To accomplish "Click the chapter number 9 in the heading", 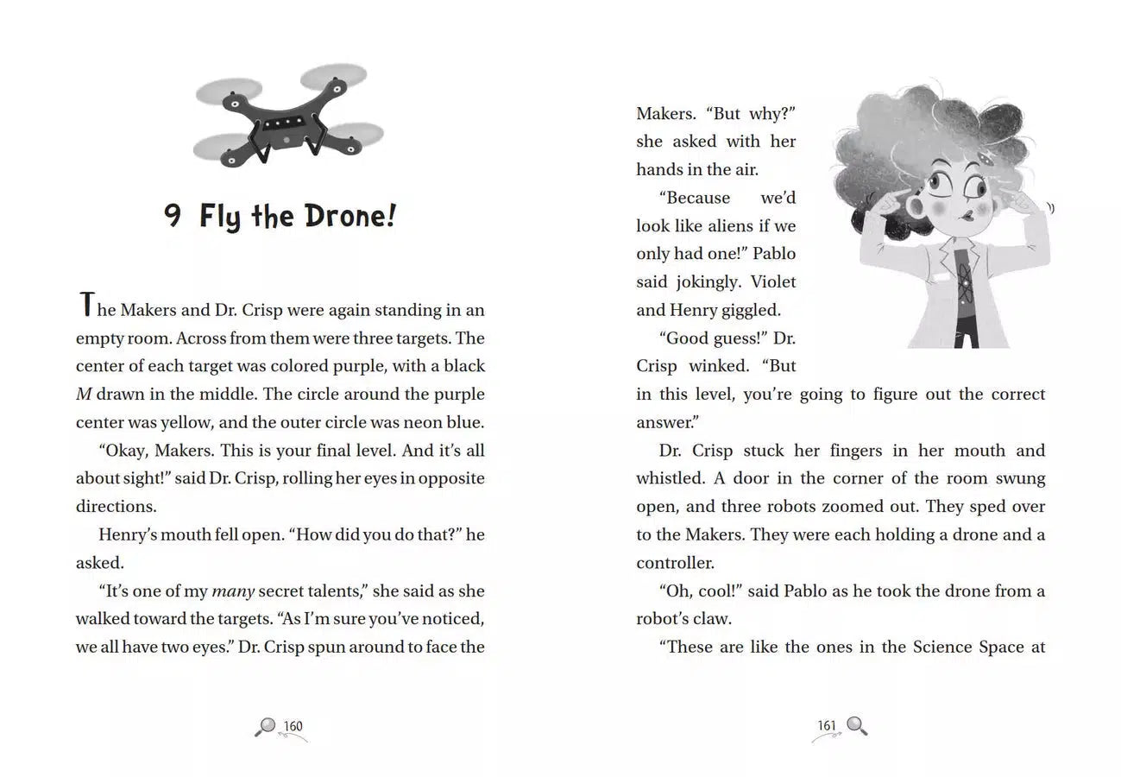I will tap(173, 215).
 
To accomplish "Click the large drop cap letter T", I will tap(85, 306).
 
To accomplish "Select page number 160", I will tap(293, 726).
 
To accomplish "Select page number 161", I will tap(827, 725).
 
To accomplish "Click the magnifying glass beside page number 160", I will tap(265, 727).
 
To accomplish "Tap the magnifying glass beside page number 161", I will tap(856, 725).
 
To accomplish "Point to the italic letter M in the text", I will tap(84, 395).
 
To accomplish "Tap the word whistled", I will tap(671, 479).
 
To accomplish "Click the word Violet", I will tap(773, 282).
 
